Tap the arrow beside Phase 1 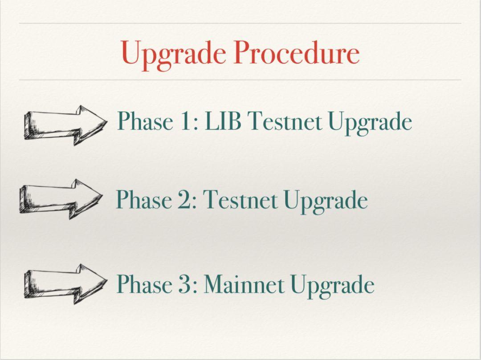click(x=65, y=125)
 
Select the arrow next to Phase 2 click(x=61, y=199)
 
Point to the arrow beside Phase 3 click(x=65, y=284)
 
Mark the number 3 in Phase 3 click(x=186, y=284)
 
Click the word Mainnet click(x=244, y=284)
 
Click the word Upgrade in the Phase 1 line click(x=370, y=123)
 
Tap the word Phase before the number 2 click(x=143, y=199)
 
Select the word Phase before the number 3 click(x=144, y=284)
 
